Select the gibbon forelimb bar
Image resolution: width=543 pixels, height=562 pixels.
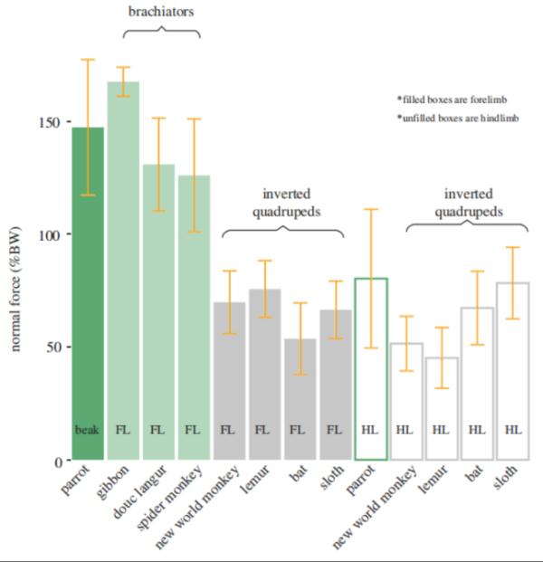[x=123, y=271]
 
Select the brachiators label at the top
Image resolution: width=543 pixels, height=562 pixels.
[x=161, y=13]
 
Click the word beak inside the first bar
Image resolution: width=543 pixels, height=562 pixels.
[x=88, y=430]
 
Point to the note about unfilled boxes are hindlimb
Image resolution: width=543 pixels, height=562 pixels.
[x=457, y=119]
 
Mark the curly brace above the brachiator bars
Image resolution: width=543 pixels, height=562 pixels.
[x=161, y=31]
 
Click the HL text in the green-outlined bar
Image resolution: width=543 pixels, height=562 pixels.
[x=370, y=430]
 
